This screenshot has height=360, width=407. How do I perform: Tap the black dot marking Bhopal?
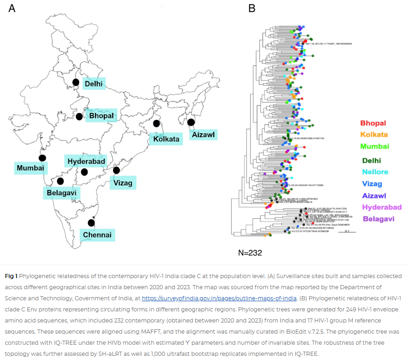[79, 116]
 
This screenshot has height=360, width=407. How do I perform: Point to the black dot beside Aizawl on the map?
[191, 122]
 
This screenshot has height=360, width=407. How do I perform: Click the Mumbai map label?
[30, 168]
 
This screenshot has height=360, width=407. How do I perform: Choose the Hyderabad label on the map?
[87, 161]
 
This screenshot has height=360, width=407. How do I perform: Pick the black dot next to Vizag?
[116, 170]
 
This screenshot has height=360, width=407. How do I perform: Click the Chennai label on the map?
[97, 235]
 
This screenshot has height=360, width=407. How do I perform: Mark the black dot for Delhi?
[75, 82]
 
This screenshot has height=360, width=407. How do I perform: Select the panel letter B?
[252, 8]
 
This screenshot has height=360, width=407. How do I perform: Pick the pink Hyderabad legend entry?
[382, 207]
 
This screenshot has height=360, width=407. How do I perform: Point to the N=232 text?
[250, 253]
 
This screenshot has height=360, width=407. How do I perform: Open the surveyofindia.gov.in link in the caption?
[219, 298]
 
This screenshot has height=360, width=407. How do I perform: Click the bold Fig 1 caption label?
[11, 276]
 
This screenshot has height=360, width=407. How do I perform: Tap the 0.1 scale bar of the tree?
[347, 231]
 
